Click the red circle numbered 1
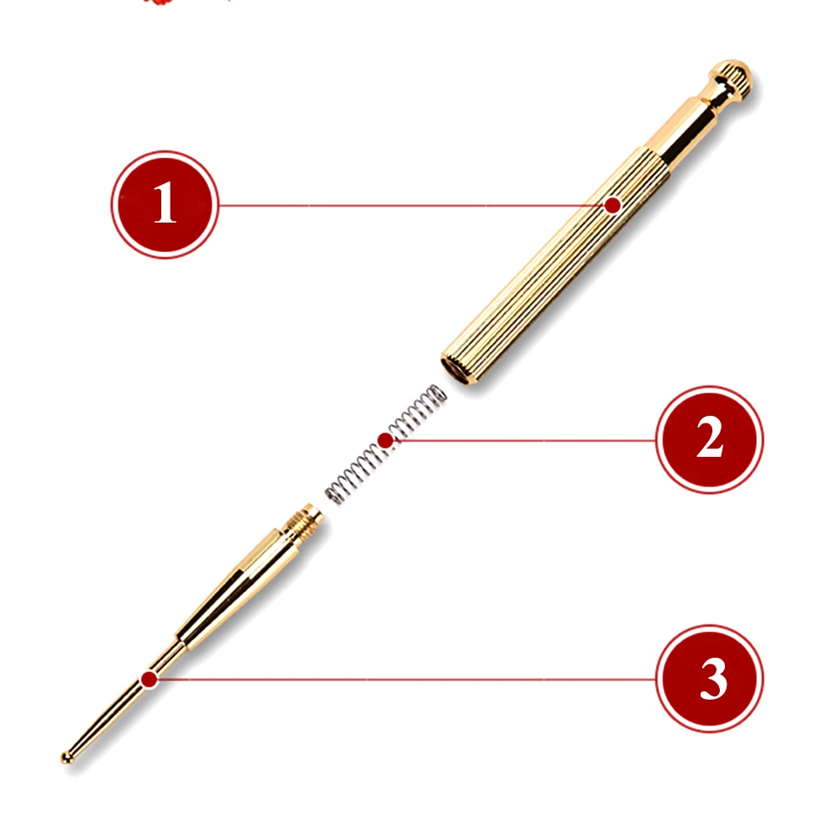165,205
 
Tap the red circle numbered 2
710,439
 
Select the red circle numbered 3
710,679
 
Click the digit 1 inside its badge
165,202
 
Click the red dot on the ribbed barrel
612,205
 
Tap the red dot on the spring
386,441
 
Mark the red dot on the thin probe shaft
149,680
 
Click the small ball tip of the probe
66,757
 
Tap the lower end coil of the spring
335,493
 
